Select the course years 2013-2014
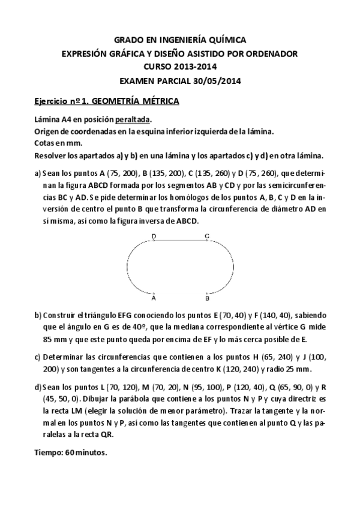196,67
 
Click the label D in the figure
154,236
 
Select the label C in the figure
206,236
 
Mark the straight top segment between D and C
180,241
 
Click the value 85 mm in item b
49,338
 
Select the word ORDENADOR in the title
270,53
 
